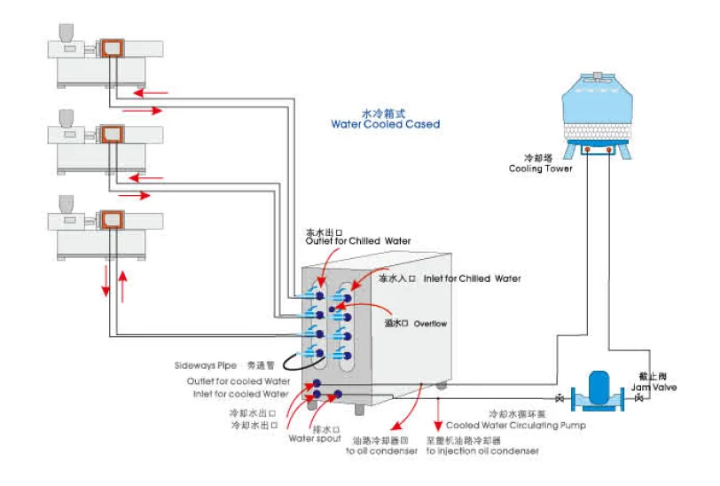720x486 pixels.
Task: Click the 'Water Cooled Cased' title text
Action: pyautogui.click(x=385, y=125)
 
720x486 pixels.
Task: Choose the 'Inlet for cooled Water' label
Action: pyautogui.click(x=240, y=393)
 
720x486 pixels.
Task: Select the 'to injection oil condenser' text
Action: pyautogui.click(x=481, y=451)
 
